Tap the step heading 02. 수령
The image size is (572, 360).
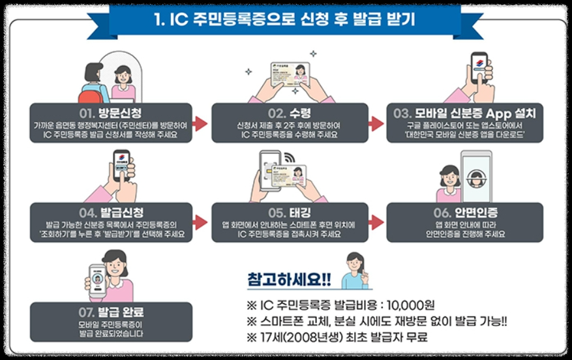pos(285,113)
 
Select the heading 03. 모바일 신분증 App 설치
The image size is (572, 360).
pos(464,113)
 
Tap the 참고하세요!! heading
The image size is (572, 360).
pos(289,279)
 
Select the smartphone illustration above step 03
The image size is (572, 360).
pos(479,67)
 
